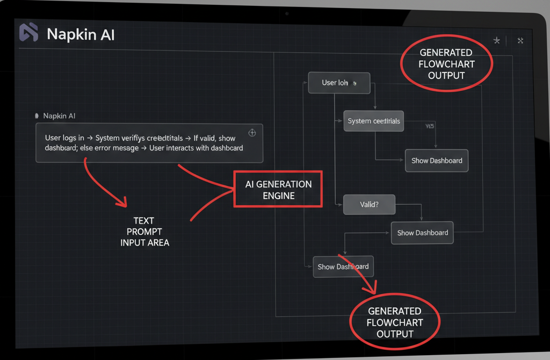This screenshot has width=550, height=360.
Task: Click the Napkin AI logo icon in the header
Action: tap(29, 33)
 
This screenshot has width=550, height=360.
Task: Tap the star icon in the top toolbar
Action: tap(496, 41)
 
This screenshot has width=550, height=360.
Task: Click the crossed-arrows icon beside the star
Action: tap(520, 41)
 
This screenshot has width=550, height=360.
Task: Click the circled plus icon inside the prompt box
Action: tap(252, 133)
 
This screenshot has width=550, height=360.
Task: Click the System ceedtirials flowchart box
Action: tap(374, 121)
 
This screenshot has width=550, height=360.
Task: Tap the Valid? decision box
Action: tap(369, 205)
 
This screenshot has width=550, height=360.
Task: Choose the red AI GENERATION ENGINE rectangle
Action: tap(278, 190)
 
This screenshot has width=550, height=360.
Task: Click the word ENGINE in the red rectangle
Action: tap(278, 196)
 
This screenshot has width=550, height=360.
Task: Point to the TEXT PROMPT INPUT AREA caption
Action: tap(144, 232)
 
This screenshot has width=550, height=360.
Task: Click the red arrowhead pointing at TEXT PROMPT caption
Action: tap(121, 203)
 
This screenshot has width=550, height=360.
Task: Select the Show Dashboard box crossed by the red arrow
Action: tap(343, 267)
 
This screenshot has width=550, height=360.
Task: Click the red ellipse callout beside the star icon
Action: tap(446, 64)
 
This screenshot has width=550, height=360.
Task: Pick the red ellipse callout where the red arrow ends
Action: tap(395, 322)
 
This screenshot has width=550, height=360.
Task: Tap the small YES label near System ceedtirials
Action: tap(430, 126)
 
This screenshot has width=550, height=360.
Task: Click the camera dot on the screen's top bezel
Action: tap(287, 13)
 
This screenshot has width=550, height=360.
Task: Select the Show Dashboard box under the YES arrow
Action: tap(437, 161)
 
